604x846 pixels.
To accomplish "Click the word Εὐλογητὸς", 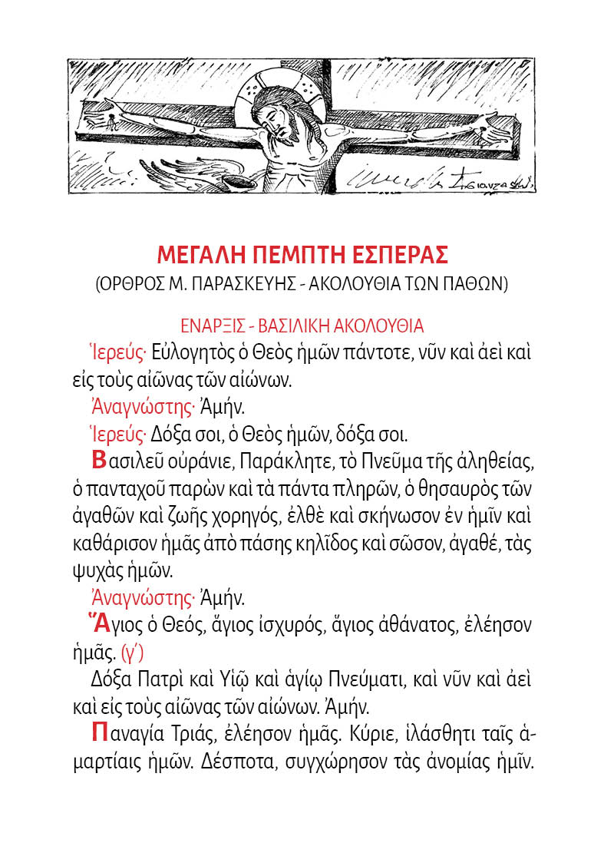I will (x=197, y=354).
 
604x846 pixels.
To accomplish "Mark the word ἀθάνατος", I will (x=414, y=626).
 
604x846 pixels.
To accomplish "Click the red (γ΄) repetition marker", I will (x=132, y=654).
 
